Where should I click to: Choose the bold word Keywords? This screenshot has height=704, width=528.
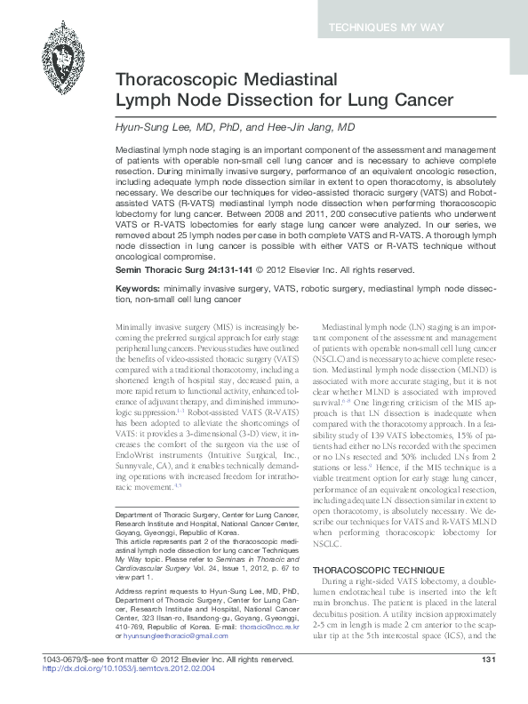[x=137, y=265]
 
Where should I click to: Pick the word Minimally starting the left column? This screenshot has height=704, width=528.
[x=136, y=304]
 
